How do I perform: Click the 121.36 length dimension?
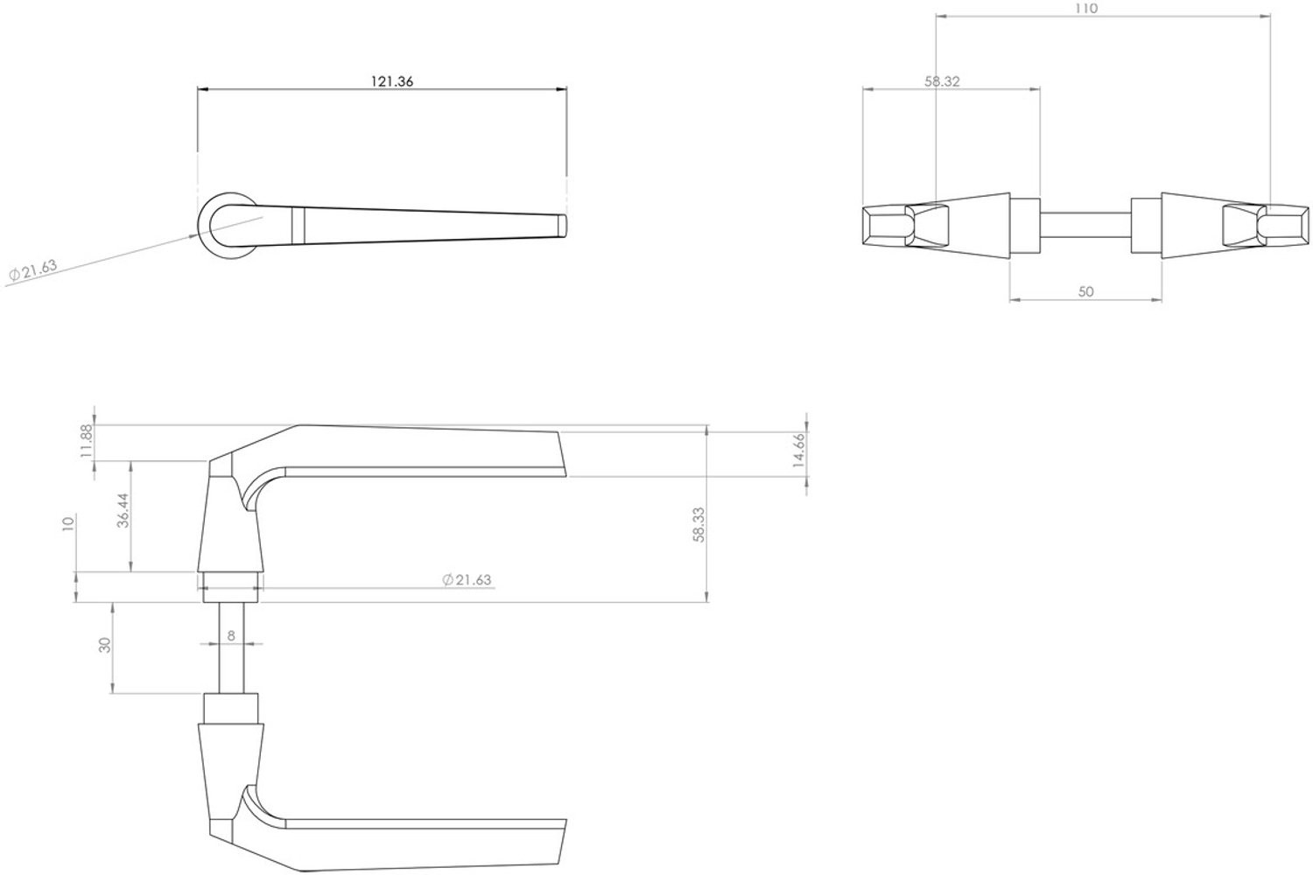392,81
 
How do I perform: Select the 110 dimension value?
1087,8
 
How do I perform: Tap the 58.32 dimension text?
942,81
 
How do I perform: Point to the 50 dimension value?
1085,291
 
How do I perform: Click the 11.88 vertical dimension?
87,441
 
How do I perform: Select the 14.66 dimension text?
798,450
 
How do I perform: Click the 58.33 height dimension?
699,524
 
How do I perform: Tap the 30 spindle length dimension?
105,645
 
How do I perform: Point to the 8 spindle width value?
231,635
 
